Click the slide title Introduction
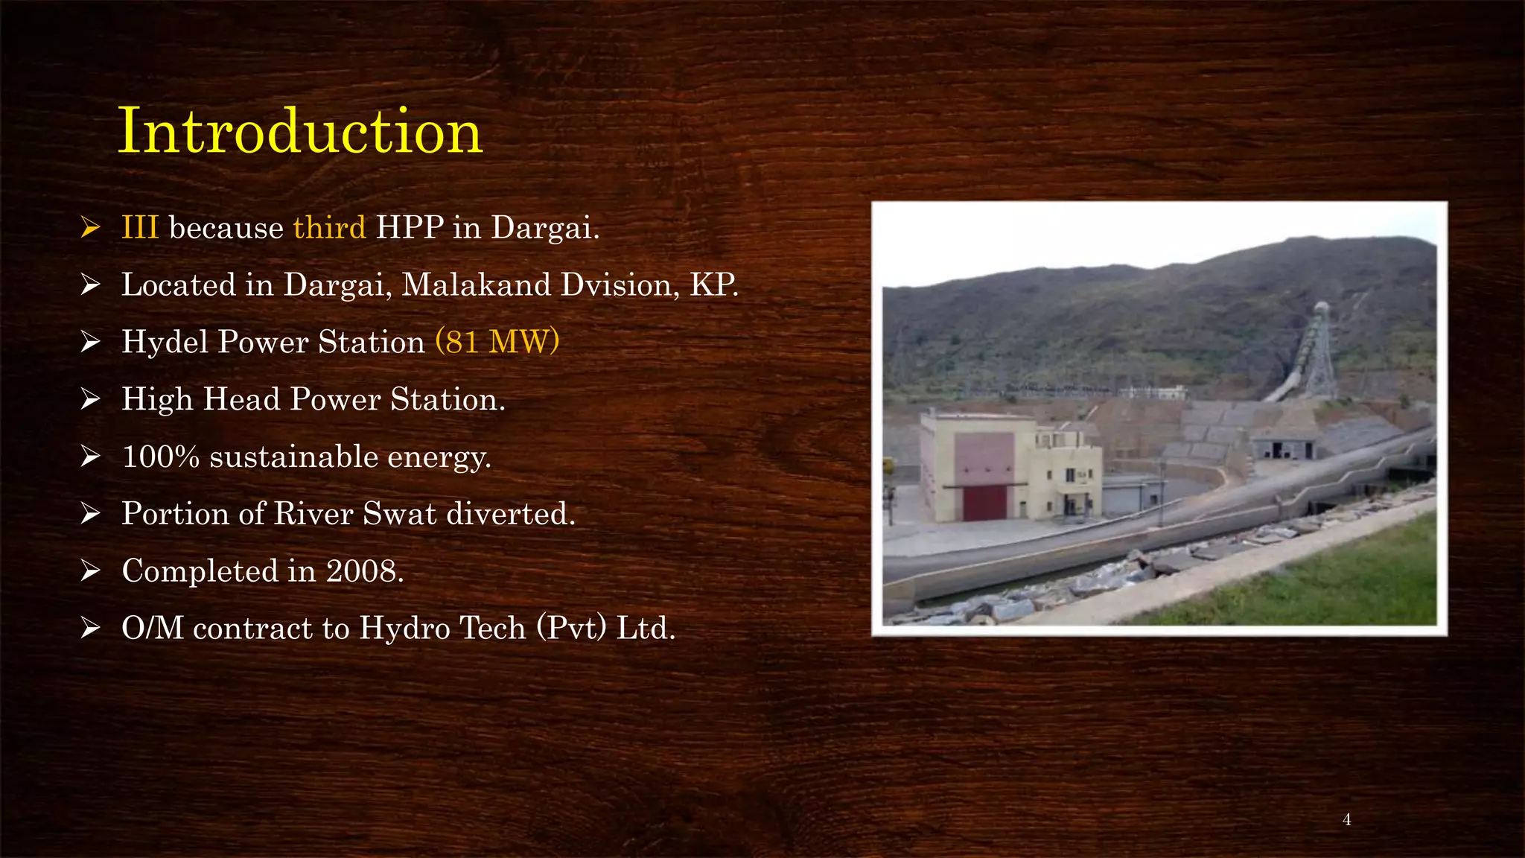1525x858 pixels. tap(300, 131)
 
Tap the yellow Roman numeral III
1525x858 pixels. tap(140, 227)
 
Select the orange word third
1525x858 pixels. tap(329, 227)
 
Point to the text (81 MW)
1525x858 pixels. tap(497, 342)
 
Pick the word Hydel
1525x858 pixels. tap(165, 342)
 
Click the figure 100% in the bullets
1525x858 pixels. tap(160, 457)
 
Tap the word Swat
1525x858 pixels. tap(399, 513)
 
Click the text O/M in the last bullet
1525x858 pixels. tap(152, 628)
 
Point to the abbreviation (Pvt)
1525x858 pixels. tap(572, 628)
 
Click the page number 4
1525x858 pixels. tap(1346, 820)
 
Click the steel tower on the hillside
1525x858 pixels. tap(1320, 350)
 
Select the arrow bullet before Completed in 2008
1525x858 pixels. tap(90, 571)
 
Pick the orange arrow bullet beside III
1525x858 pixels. tap(90, 227)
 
